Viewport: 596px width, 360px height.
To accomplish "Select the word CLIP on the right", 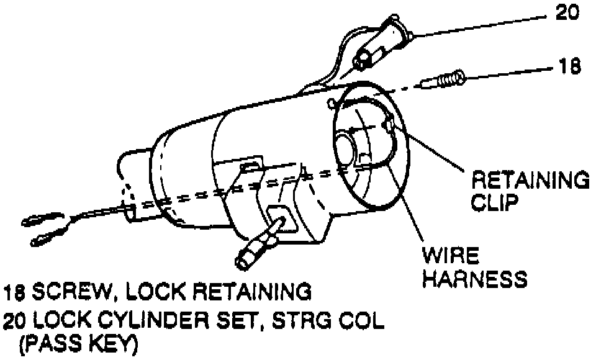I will (x=495, y=203).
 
